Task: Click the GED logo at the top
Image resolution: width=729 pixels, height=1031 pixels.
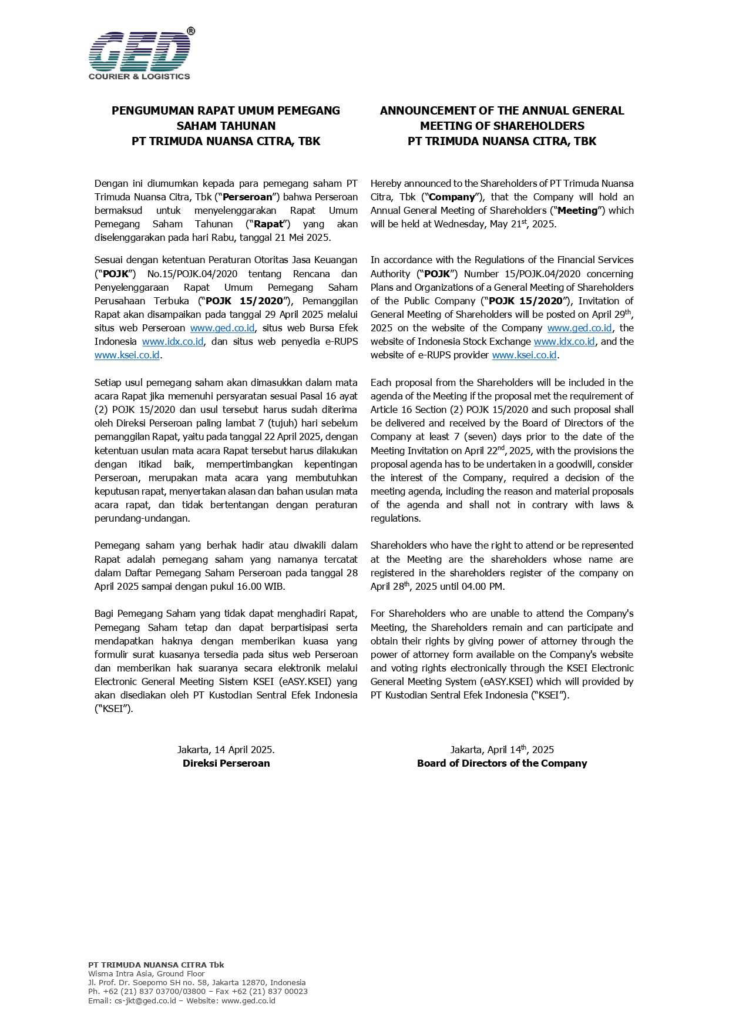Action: point(139,52)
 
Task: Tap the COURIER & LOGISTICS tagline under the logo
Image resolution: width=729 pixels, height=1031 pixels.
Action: point(139,76)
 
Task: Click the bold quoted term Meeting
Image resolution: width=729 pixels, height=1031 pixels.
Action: point(577,210)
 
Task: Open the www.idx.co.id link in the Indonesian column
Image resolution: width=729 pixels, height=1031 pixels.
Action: point(173,341)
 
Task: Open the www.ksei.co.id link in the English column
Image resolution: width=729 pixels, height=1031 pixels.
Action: point(524,355)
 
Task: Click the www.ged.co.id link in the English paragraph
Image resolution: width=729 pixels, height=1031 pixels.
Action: point(579,328)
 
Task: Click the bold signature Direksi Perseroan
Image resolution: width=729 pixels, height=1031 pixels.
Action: point(226,763)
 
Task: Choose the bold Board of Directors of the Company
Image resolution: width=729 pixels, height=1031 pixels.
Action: point(502,763)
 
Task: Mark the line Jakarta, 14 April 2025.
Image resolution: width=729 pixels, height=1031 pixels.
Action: point(226,750)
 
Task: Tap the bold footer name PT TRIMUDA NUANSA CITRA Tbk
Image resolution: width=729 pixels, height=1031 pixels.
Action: point(156,965)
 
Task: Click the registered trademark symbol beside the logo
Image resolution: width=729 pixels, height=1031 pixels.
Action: point(191,31)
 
